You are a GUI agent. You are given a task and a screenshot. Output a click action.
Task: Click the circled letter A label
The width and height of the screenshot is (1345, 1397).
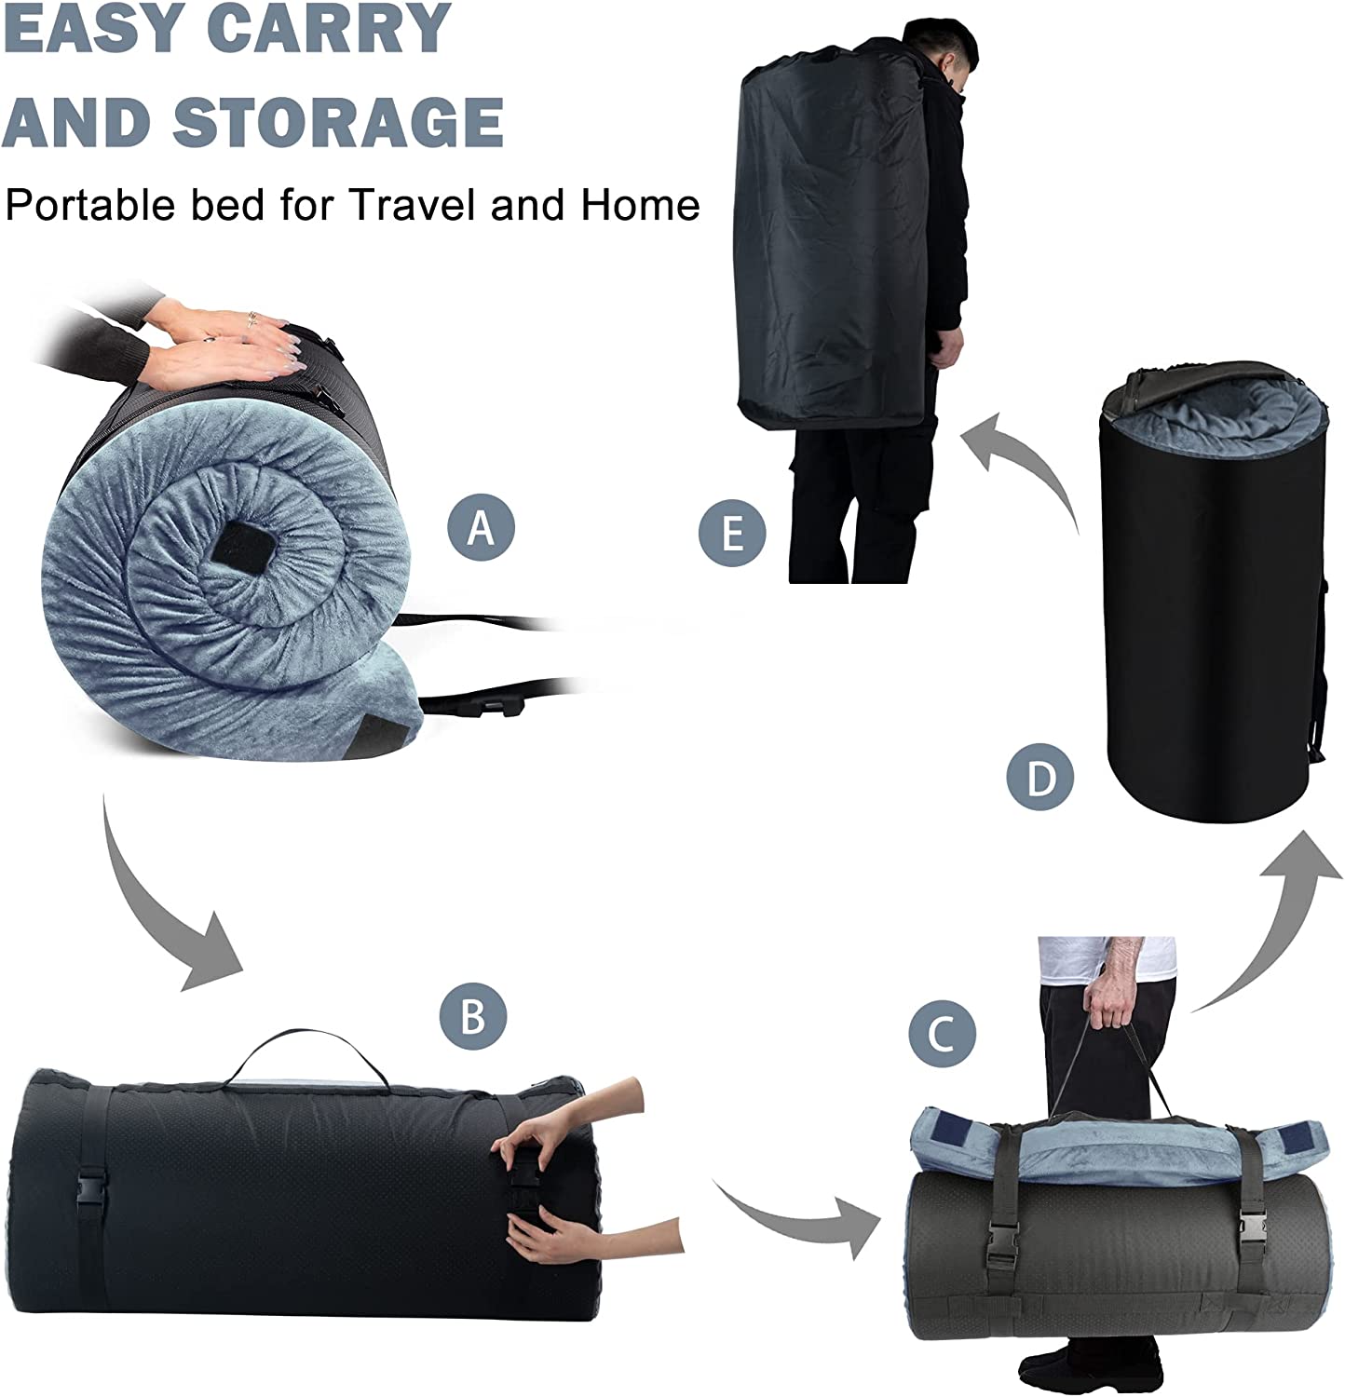(x=481, y=527)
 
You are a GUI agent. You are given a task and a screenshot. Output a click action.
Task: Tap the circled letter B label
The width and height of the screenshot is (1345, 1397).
(x=473, y=1015)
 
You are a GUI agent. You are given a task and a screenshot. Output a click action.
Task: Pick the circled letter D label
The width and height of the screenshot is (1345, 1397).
(x=1041, y=778)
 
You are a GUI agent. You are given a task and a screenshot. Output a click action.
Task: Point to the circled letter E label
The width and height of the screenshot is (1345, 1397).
(x=733, y=535)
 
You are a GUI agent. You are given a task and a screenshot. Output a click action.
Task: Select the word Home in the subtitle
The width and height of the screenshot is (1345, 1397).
(x=641, y=204)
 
